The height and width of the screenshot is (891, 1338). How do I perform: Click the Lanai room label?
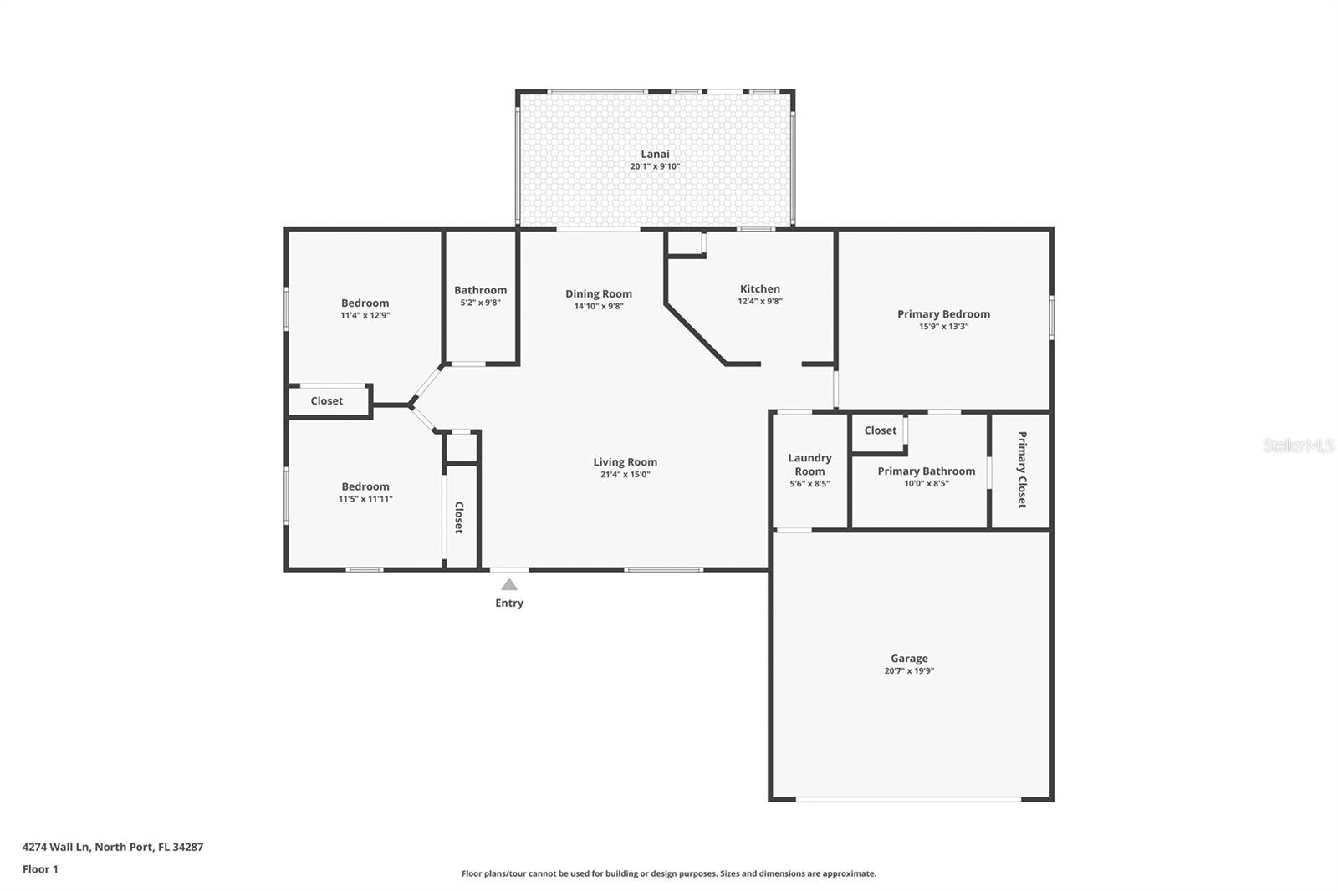click(655, 154)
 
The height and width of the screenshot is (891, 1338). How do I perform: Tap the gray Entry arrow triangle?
click(509, 584)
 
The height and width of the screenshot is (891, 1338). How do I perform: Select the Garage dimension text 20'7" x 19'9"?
click(909, 670)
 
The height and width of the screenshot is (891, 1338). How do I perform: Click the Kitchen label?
click(760, 289)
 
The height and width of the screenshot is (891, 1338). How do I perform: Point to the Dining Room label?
click(599, 294)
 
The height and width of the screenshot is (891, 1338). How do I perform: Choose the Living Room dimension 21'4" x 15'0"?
click(625, 475)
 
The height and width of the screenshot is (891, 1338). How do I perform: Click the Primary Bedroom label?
click(944, 314)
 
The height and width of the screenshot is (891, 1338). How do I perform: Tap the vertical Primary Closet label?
click(1022, 470)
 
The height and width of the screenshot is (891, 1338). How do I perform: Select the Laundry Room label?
click(809, 465)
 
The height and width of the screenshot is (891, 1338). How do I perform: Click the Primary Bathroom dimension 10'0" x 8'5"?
click(927, 484)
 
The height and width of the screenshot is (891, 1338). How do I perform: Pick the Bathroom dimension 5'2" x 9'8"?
click(480, 303)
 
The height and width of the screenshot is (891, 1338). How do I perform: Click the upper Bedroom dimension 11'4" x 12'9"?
click(365, 315)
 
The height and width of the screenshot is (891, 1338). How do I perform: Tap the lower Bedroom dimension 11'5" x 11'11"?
click(365, 499)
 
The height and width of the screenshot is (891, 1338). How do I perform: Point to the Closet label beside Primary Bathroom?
click(880, 430)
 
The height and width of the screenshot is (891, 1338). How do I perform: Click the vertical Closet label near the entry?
click(459, 517)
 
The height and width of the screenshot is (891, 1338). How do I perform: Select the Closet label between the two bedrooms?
click(327, 401)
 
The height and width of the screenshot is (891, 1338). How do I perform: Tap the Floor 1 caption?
click(40, 869)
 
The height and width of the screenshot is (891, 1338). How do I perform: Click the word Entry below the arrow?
click(509, 603)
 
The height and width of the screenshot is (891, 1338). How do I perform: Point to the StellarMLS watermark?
click(1298, 445)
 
